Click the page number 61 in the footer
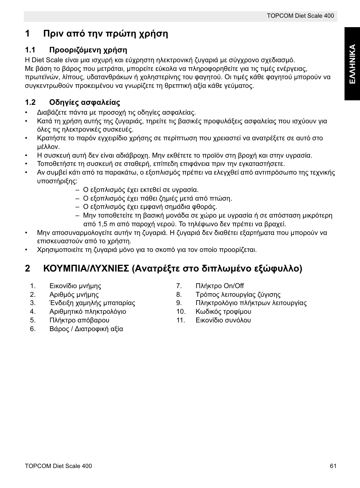click(x=332, y=466)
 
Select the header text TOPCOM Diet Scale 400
click(x=300, y=16)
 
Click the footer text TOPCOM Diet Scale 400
click(x=58, y=466)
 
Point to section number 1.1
click(x=30, y=50)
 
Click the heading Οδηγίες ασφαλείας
click(x=85, y=102)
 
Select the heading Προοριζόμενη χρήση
click(x=88, y=50)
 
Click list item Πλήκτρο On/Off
click(x=220, y=286)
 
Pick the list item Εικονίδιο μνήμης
click(x=75, y=286)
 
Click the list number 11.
click(x=180, y=320)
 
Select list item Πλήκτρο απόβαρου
click(x=79, y=320)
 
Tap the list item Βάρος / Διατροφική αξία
click(x=86, y=329)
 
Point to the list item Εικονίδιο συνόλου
click(x=223, y=320)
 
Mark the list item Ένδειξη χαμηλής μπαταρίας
click(x=92, y=303)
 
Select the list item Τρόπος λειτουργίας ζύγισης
click(x=238, y=295)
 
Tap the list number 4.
click(x=33, y=312)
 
